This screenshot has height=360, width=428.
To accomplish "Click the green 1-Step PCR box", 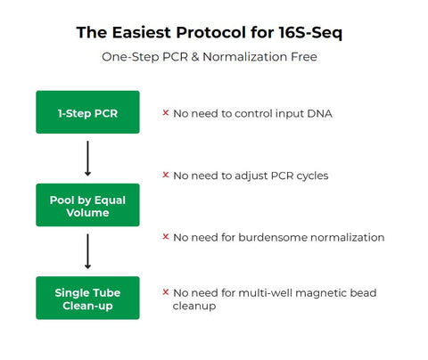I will coord(87,112).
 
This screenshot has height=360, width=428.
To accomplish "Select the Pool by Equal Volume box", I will coord(87,207).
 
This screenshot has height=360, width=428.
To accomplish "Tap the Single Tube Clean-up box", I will coord(87,299).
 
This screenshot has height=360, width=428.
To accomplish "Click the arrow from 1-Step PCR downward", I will coord(87,159).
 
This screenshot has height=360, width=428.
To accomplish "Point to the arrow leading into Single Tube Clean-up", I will coord(87,251).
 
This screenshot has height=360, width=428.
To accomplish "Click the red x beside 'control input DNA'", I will coord(166,113).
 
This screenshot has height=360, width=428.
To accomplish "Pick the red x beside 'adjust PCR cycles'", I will coord(166,176).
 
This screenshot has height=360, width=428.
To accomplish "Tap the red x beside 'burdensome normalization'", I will coord(166,237).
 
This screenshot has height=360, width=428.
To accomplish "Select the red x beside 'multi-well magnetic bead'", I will coord(166,291).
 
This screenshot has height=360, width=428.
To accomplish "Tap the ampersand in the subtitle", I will coord(215,57).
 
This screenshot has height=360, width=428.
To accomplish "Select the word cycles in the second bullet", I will coord(309,176).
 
